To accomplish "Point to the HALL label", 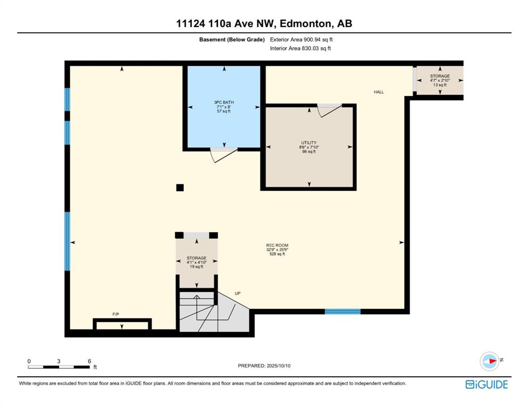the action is pos(379,92).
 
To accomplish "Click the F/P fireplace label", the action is pos(115,314).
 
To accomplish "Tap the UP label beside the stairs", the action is pos(237,293).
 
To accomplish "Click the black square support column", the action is pos(180,188).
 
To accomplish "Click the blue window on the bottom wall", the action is pos(343,312).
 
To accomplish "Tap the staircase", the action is pos(214,312).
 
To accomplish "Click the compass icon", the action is pos(490,361).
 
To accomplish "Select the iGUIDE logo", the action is pos(487,385).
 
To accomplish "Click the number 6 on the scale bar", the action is pos(90,361).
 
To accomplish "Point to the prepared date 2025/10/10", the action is pos(278,365).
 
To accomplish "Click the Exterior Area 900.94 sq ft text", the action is pos(301,39).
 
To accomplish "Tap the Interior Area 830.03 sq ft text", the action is pos(300,48).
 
